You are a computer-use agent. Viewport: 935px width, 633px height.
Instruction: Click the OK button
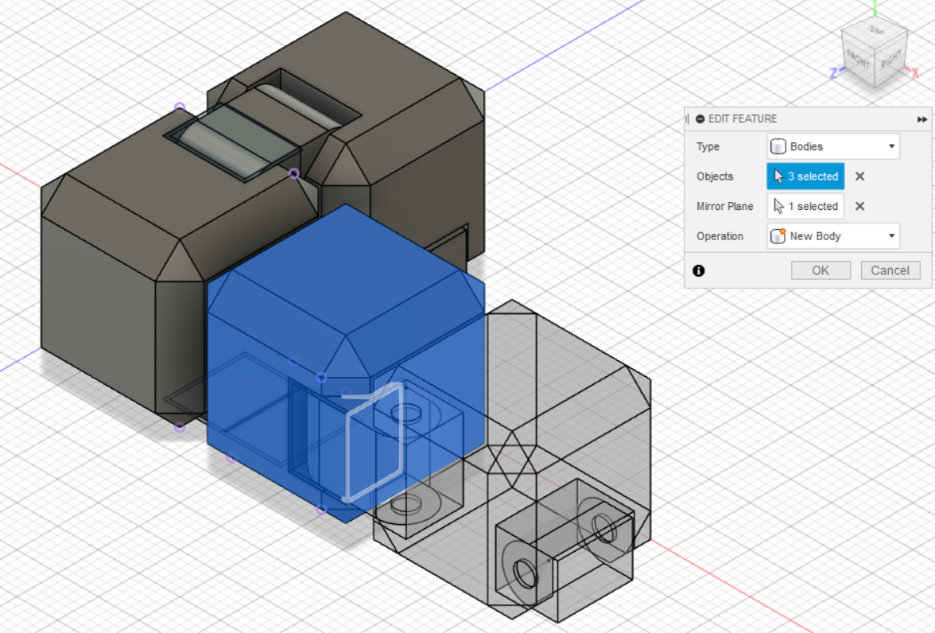pyautogui.click(x=821, y=270)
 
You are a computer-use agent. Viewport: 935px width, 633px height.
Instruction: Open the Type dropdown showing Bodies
pyautogui.click(x=832, y=146)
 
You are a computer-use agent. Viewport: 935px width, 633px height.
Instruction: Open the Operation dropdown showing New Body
pyautogui.click(x=832, y=236)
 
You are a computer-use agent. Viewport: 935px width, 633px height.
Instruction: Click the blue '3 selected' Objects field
pyautogui.click(x=805, y=177)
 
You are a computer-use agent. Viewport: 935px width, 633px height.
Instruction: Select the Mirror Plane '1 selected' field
pyautogui.click(x=805, y=206)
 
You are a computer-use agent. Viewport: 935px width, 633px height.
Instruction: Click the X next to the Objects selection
pyautogui.click(x=859, y=177)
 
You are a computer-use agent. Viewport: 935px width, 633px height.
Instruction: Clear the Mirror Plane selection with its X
pyautogui.click(x=859, y=206)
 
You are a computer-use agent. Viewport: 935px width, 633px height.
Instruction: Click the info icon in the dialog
pyautogui.click(x=699, y=270)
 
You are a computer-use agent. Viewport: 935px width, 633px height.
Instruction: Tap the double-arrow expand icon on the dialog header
pyautogui.click(x=922, y=119)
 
